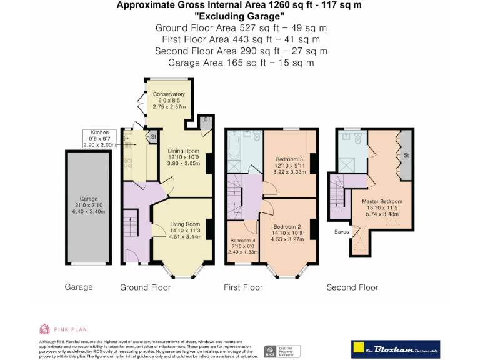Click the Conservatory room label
pos(169,94)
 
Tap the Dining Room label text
pos(182,151)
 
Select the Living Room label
pos(185,224)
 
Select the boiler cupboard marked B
pos(204,119)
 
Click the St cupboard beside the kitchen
pos(152,135)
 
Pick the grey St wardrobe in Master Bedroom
pos(406,154)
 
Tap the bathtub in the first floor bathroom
pos(234,145)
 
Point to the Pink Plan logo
pos(63,329)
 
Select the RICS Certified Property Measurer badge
pos(282,351)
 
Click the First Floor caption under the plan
pos(243,287)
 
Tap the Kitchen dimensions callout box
pos(100,138)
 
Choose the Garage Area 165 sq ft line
pos(241,62)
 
